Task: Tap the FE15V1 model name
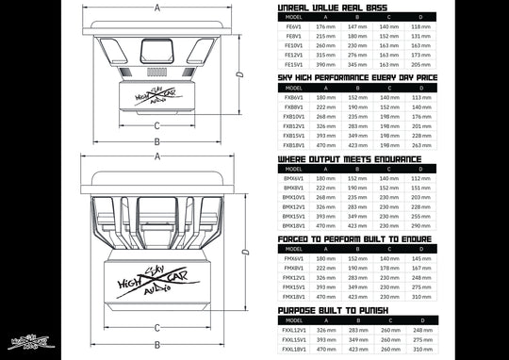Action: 293,63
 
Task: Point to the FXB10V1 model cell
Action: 293,117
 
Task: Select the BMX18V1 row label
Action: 293,226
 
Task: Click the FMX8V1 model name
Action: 293,269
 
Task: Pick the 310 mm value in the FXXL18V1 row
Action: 421,349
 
